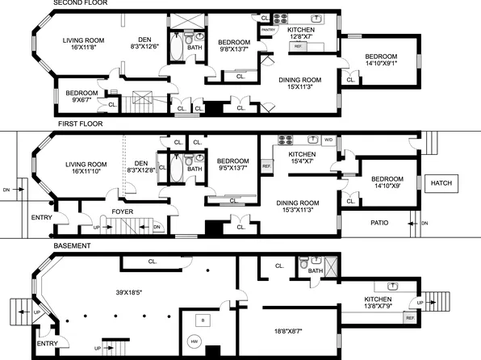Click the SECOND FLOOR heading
point(80,3)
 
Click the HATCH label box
point(441,182)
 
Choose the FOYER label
point(123,211)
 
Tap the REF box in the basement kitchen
point(409,318)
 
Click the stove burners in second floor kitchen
point(283,18)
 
